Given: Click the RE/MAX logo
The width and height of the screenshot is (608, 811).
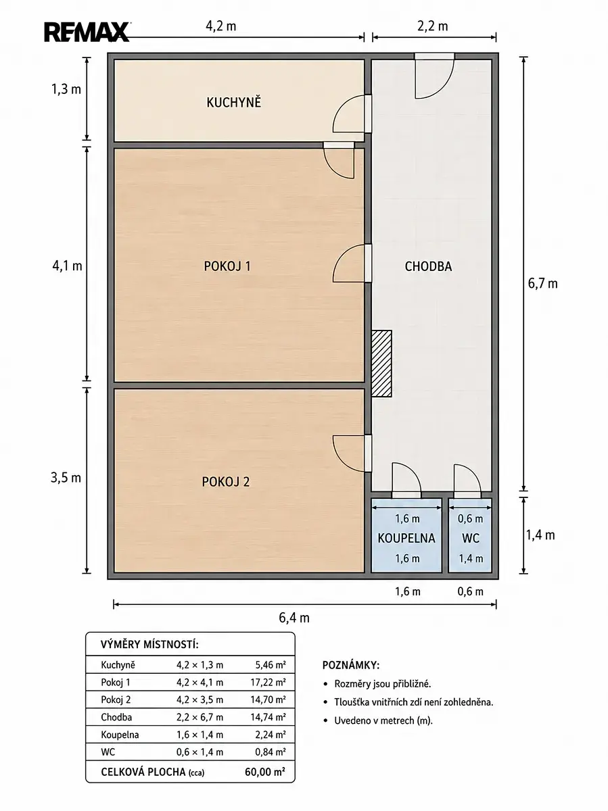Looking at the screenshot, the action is [x=87, y=32].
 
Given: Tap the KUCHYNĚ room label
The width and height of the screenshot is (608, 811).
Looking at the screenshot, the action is [x=233, y=102].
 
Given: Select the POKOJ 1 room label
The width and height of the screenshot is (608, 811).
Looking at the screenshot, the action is [x=227, y=266].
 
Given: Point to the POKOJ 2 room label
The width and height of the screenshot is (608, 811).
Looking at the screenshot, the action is [x=226, y=482].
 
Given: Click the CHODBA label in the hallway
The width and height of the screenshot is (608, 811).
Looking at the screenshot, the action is [x=428, y=266].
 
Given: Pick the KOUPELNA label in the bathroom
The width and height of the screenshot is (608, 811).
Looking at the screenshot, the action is [x=406, y=539].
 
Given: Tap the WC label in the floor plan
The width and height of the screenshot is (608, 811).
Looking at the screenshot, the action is [x=471, y=539].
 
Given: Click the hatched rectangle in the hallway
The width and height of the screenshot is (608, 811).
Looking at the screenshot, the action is [x=381, y=364].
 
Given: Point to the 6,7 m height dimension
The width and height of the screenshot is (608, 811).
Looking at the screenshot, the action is [x=542, y=283].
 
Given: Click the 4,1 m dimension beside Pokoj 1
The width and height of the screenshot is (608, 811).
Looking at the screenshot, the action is [x=67, y=266].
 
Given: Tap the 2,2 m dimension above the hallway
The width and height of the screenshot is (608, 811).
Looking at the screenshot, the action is [x=432, y=26].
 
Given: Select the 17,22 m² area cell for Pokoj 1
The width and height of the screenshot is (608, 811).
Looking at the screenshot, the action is [x=268, y=682].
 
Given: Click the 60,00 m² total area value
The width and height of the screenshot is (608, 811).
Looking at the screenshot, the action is [x=264, y=772].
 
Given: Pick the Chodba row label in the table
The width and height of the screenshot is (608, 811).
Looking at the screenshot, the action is [x=116, y=717].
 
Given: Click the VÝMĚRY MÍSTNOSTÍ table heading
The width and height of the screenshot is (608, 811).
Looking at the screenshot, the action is [x=149, y=645].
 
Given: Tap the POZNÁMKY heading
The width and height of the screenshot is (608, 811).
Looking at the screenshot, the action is [x=351, y=666].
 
